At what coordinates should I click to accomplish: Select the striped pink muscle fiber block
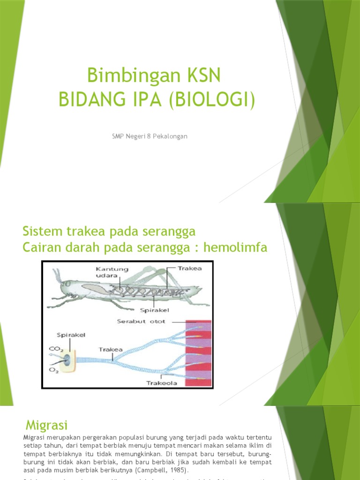[x=199, y=353]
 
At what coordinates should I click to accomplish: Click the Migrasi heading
[x=46, y=425]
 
